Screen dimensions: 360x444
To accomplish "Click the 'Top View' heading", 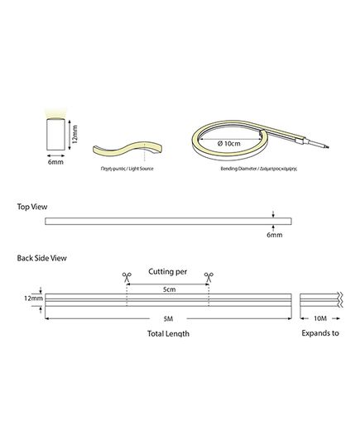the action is pyautogui.click(x=32, y=207).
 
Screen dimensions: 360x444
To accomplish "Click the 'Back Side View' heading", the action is pyautogui.click(x=41, y=258).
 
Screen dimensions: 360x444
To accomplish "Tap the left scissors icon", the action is pyautogui.click(x=127, y=277).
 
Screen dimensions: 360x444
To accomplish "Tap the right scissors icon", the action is pyautogui.click(x=209, y=277).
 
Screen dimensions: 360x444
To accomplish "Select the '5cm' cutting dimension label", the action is pyautogui.click(x=169, y=289).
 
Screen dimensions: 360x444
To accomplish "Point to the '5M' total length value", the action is pyautogui.click(x=168, y=319).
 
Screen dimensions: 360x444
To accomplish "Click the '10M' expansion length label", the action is pyautogui.click(x=320, y=318).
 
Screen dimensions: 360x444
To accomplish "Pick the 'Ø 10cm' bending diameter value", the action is pyautogui.click(x=228, y=143).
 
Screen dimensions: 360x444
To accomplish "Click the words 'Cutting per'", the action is pyautogui.click(x=168, y=272).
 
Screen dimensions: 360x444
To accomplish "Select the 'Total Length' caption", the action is pyautogui.click(x=168, y=333).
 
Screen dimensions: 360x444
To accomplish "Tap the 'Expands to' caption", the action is pyautogui.click(x=320, y=333).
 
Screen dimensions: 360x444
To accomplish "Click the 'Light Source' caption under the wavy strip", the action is pyautogui.click(x=141, y=169).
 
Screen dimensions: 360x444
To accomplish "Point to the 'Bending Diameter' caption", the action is pyautogui.click(x=238, y=169).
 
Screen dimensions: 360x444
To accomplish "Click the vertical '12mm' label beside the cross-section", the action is pyautogui.click(x=74, y=135).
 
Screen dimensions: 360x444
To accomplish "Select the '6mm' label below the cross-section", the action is pyautogui.click(x=55, y=162).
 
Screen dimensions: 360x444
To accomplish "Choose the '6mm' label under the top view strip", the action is pyautogui.click(x=275, y=235).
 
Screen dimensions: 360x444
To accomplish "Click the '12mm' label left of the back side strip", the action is pyautogui.click(x=33, y=298).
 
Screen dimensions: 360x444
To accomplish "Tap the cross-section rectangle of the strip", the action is pyautogui.click(x=55, y=134).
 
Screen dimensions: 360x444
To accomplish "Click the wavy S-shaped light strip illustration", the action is pyautogui.click(x=127, y=149).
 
